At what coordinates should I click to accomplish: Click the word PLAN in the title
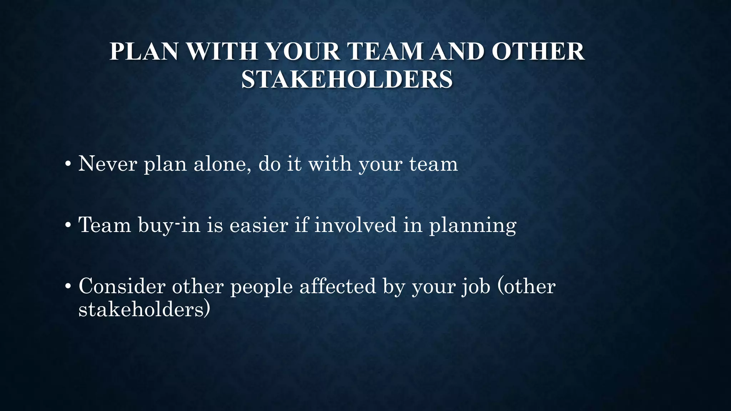pos(143,51)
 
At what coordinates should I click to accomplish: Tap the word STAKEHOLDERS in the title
pos(347,79)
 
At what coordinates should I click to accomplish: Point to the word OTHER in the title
pos(538,51)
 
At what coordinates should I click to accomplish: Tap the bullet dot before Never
pos(67,165)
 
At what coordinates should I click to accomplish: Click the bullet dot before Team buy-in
pos(67,226)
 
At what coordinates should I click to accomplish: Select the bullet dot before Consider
pos(67,287)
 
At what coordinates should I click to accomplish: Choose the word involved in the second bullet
pos(355,225)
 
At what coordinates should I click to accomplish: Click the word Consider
pos(122,286)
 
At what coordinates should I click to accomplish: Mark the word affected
pos(338,286)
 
